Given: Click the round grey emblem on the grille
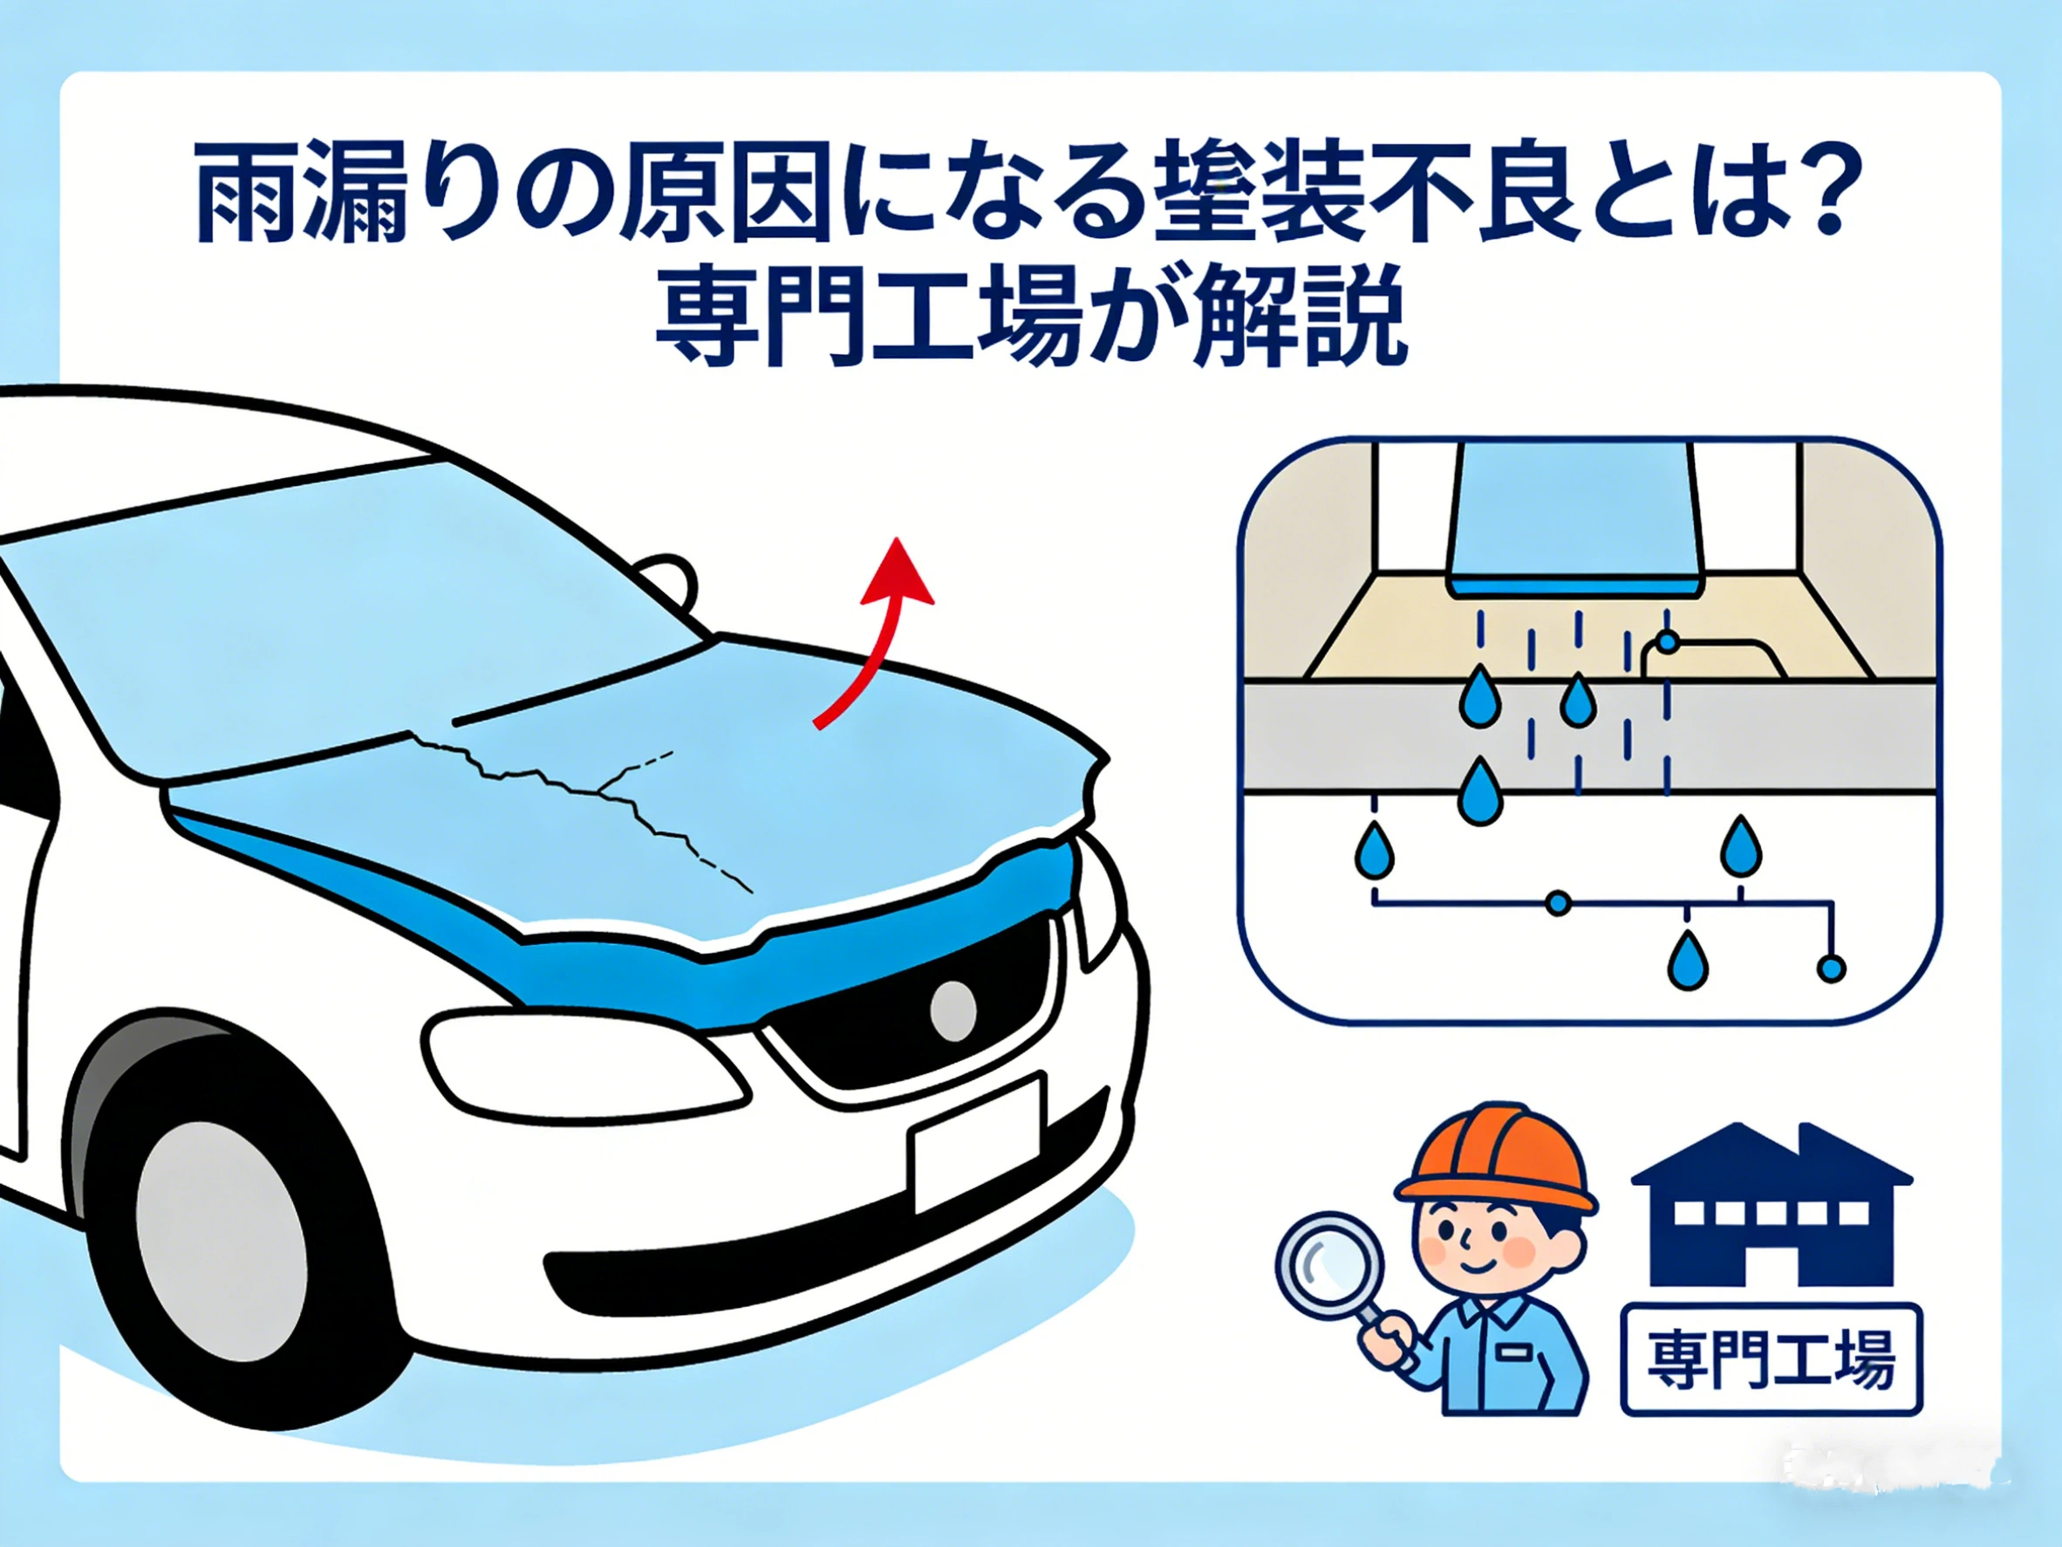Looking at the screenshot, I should click(952, 1010).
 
